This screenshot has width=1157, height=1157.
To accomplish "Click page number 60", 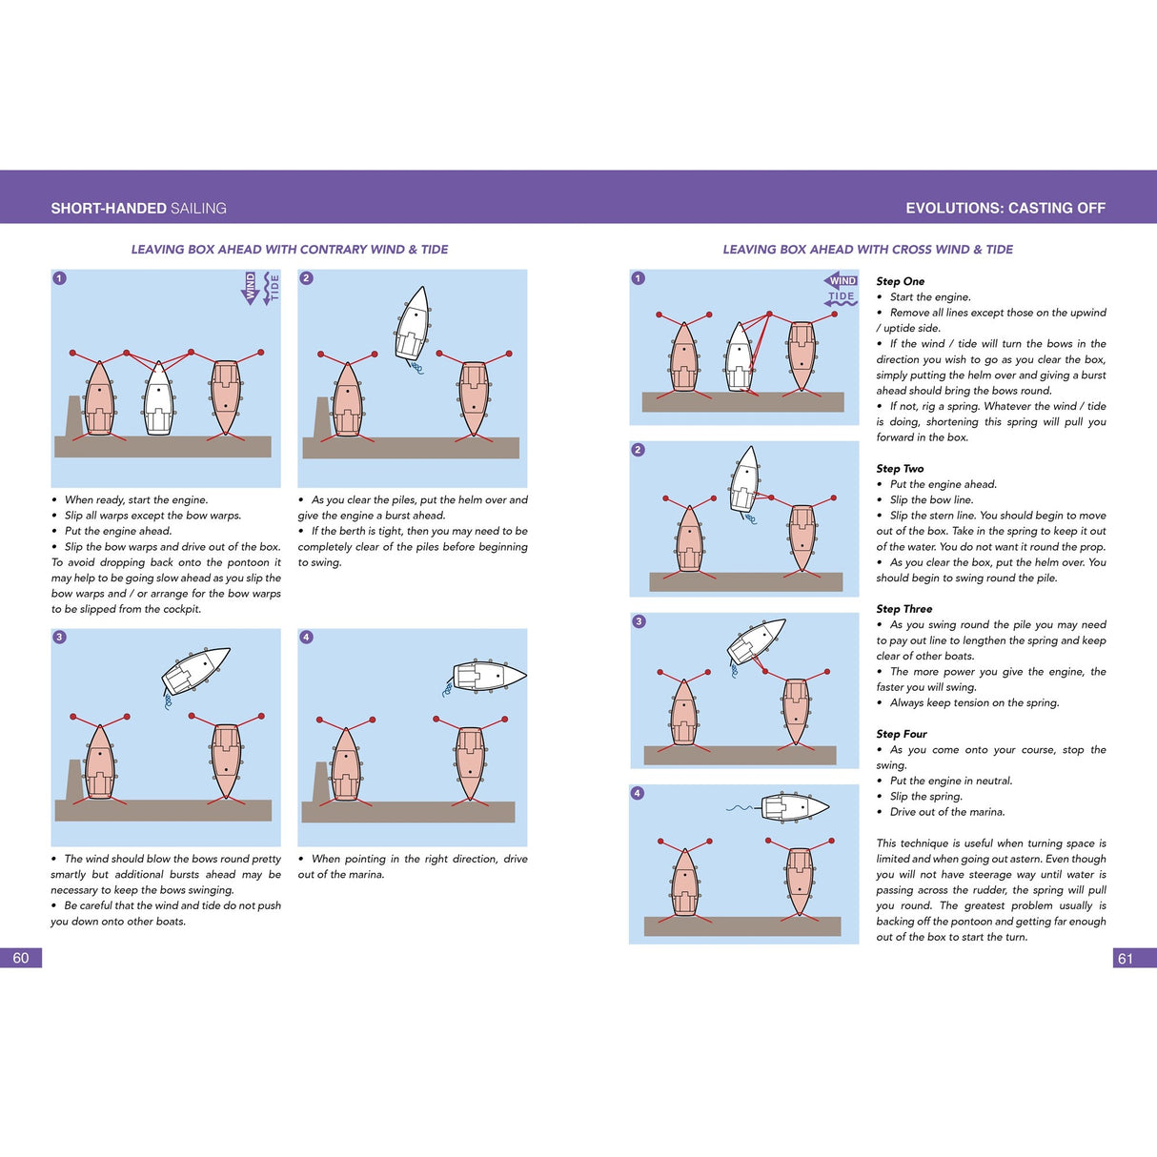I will tap(21, 958).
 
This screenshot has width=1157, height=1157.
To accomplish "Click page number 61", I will tap(1126, 958).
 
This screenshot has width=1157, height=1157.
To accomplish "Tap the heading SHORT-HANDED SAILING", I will tap(138, 208).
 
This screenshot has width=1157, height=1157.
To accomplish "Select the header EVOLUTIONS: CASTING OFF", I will tap(1005, 208).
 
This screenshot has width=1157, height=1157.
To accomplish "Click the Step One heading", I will tap(900, 281).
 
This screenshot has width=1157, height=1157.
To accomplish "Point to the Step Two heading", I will tap(900, 468).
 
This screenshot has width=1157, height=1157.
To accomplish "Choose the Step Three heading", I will tap(903, 608).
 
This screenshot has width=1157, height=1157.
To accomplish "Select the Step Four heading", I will tap(901, 734).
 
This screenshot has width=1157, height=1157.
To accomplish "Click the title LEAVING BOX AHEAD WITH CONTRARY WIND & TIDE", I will tap(289, 250).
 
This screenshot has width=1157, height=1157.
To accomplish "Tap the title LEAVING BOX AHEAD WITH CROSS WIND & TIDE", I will tap(867, 250).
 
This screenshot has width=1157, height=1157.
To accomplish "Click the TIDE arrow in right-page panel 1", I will tap(841, 297).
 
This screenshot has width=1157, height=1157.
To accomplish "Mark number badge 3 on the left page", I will tap(59, 637).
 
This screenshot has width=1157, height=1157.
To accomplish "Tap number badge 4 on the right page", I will tap(638, 793).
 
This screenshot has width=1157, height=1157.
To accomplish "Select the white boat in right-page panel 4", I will tap(794, 807).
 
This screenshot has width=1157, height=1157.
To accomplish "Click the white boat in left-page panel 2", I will tap(414, 324).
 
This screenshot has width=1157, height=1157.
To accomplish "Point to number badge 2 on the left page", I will tap(306, 278).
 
